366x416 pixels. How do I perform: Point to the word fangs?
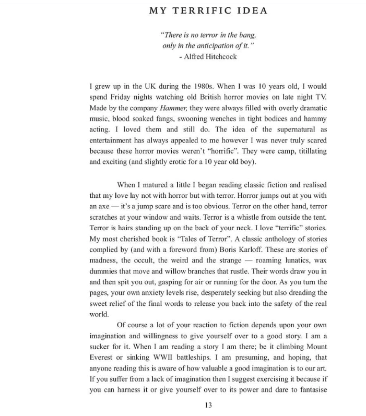point(158,118)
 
